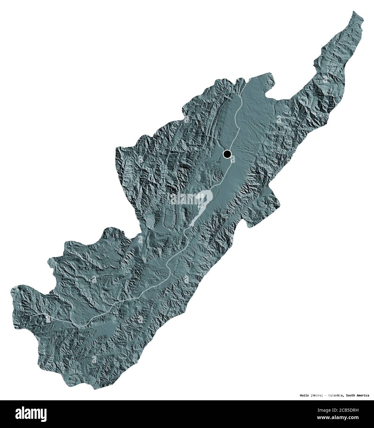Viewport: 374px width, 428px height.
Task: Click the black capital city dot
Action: tap(227, 154)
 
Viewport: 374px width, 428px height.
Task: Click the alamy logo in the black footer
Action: tap(23, 414)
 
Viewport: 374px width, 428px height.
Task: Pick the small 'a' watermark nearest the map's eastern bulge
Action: tap(279, 119)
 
